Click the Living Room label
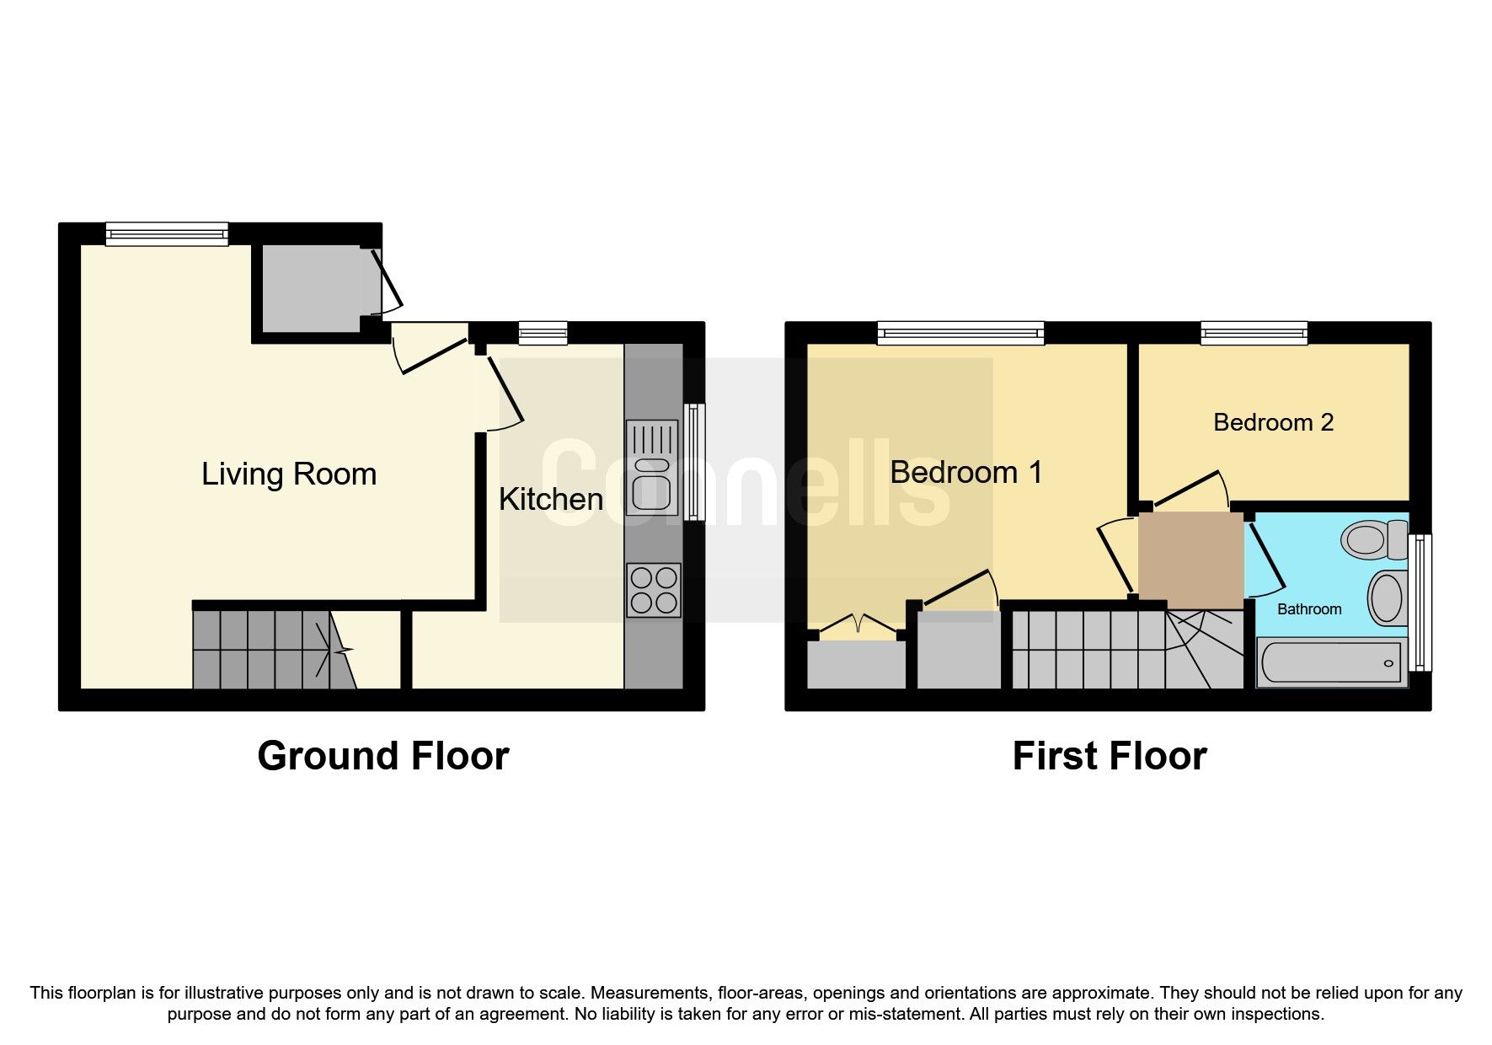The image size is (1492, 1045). coord(288,474)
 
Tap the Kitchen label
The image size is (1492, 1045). coord(550,499)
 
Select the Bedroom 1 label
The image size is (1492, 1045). coord(965,472)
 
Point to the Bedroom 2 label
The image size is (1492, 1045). coord(1273,422)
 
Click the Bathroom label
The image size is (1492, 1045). coord(1308,609)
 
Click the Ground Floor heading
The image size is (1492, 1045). coord(382,756)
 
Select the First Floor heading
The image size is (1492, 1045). coord(1109,756)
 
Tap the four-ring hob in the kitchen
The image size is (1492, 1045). coord(654,590)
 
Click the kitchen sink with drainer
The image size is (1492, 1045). coord(652,468)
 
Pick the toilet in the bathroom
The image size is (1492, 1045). coord(1373,539)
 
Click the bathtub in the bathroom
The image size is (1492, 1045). coord(1331,662)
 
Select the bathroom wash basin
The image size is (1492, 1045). coord(1387,598)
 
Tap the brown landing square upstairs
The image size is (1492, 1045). coord(1190,560)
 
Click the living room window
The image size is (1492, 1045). coord(167,234)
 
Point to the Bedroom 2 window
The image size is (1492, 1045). coord(1254,334)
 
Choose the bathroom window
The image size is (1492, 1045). coord(1420,602)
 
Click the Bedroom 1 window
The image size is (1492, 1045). coord(960,334)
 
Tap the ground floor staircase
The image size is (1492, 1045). coord(270,649)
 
